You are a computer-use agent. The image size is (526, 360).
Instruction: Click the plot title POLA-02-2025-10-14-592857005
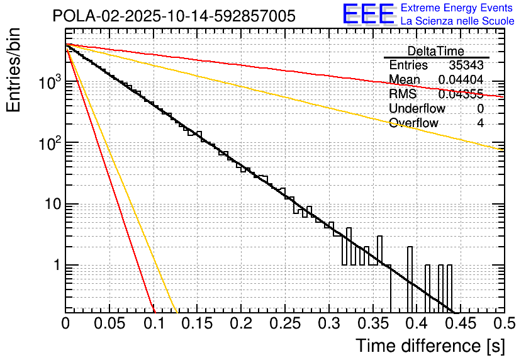(x=174, y=16)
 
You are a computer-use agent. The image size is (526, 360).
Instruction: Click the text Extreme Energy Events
(x=457, y=8)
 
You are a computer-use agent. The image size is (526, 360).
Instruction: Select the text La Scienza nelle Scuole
(x=457, y=21)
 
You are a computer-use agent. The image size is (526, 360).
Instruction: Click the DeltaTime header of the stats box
(x=435, y=51)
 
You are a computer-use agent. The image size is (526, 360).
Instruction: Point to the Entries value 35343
(x=466, y=65)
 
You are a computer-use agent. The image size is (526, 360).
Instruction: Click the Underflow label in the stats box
(x=417, y=108)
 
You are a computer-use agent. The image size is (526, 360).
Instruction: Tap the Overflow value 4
(x=480, y=123)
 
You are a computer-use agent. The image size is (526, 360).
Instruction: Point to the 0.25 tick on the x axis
(x=284, y=323)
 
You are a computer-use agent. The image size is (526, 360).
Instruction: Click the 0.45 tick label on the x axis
(x=460, y=323)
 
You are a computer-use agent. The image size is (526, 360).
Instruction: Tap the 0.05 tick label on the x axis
(x=109, y=323)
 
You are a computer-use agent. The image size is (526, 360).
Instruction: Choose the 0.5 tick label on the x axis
(x=503, y=323)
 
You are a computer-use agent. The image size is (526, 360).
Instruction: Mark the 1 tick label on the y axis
(x=55, y=266)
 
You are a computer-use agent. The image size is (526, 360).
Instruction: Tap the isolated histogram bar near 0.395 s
(x=410, y=277)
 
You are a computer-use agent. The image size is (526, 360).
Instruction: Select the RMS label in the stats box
(x=403, y=94)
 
